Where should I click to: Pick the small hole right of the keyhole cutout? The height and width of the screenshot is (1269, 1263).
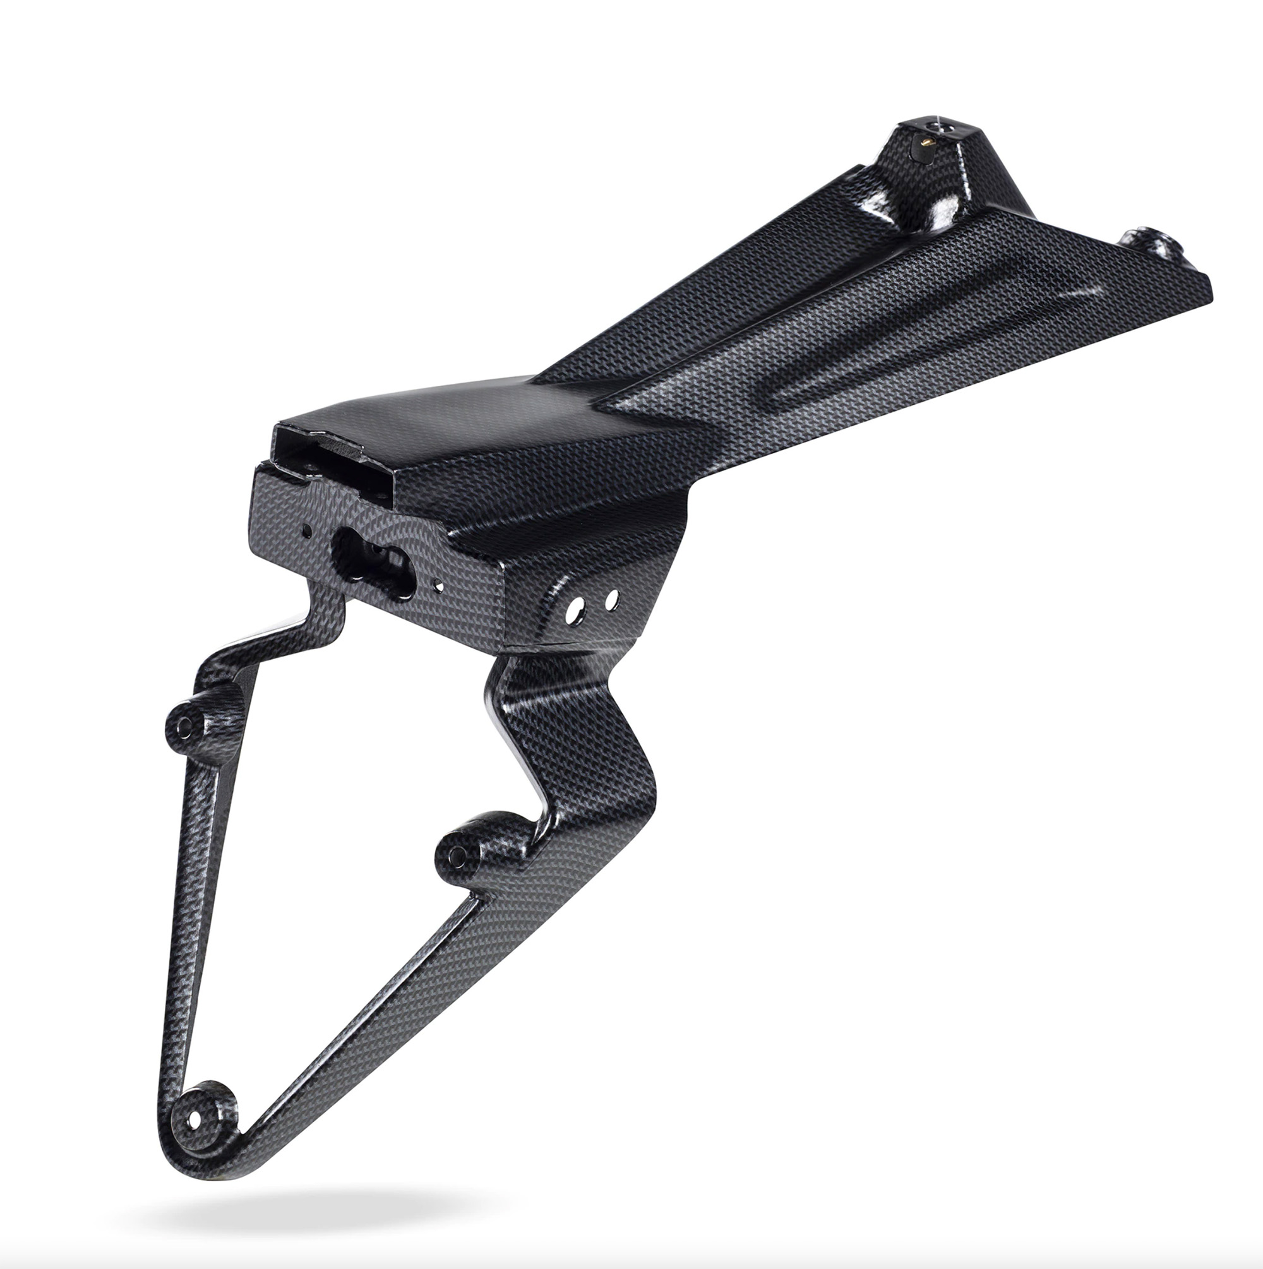[x=440, y=587]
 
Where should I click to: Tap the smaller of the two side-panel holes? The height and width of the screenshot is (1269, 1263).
[x=612, y=599]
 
